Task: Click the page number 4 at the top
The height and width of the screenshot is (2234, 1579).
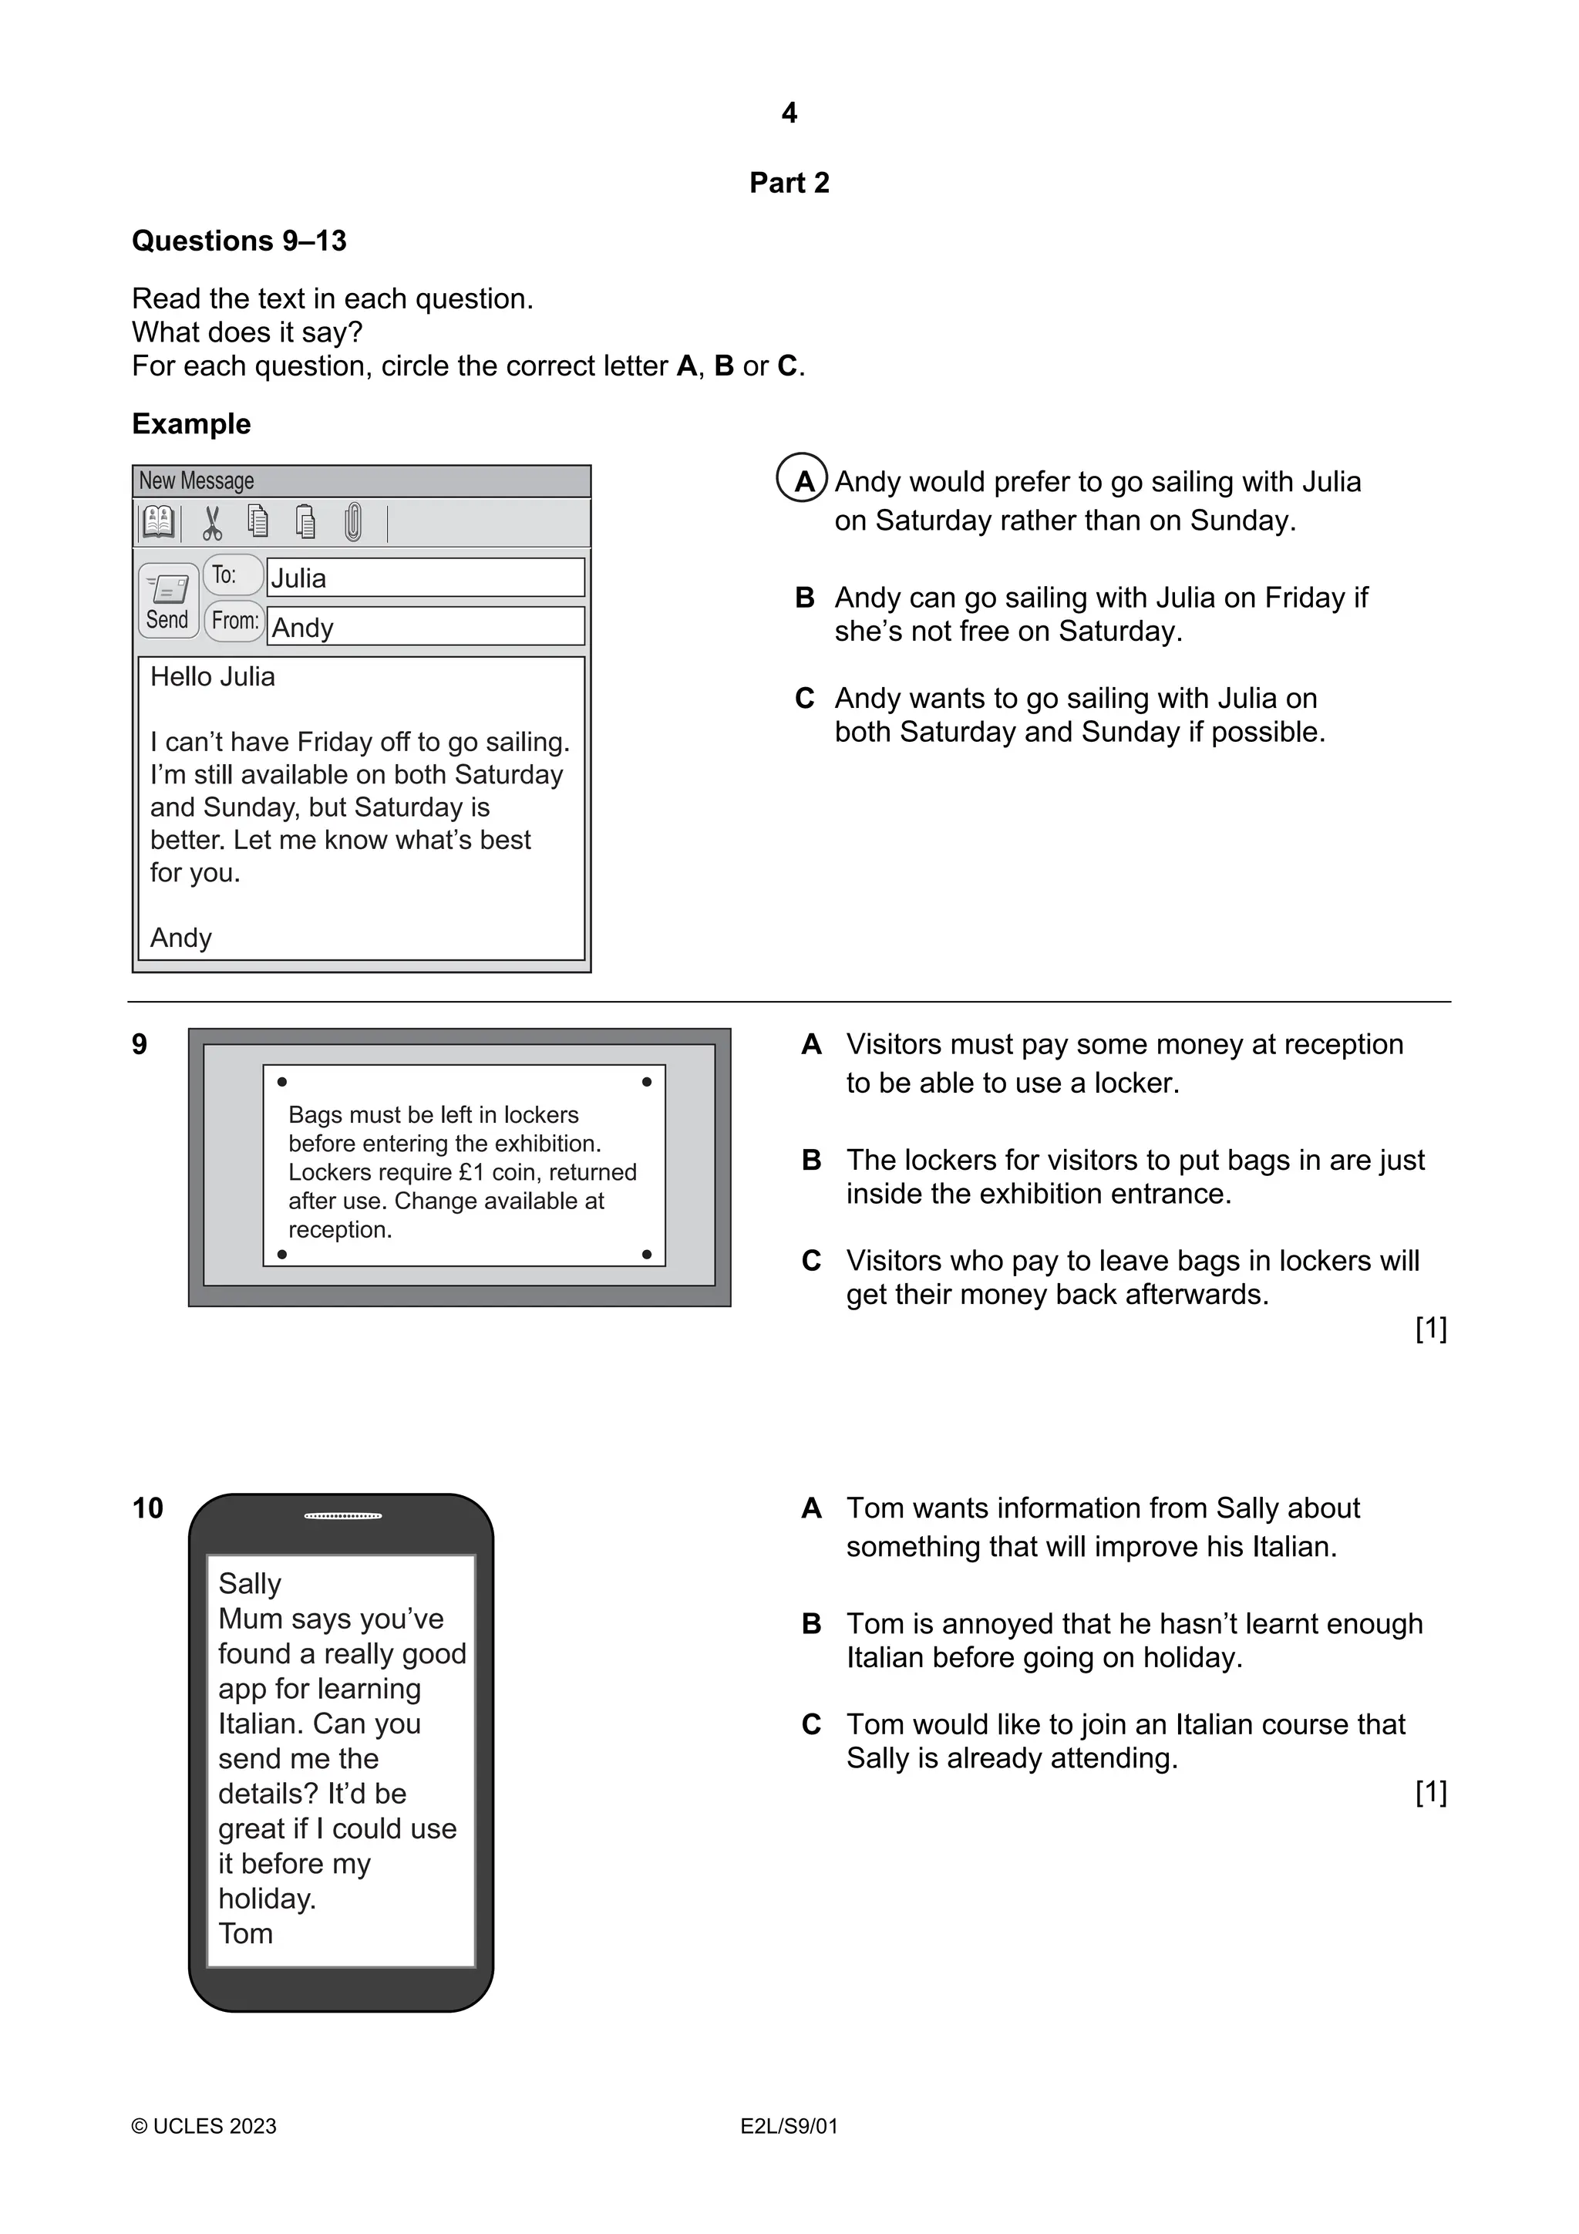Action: click(789, 114)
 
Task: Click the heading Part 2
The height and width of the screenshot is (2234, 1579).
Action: click(789, 183)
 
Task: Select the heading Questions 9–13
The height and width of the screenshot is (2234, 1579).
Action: click(239, 241)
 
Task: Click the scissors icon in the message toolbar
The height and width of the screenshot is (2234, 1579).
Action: click(212, 524)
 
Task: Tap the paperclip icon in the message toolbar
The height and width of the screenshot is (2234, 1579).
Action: click(352, 523)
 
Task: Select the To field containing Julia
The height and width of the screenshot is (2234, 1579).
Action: click(425, 578)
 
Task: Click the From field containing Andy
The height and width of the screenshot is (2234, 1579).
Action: click(425, 628)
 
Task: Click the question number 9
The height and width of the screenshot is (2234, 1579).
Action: click(139, 1045)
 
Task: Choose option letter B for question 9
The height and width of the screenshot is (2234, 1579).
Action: click(811, 1161)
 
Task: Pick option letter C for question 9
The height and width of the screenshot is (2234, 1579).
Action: click(811, 1261)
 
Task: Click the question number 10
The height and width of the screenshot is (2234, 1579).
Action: click(148, 1509)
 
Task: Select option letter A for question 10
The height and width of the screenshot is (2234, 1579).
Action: click(811, 1509)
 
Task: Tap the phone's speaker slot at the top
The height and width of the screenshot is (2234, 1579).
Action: click(342, 1516)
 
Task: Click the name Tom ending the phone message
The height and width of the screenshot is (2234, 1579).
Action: click(245, 1933)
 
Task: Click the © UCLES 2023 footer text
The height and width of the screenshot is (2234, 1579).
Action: click(204, 2127)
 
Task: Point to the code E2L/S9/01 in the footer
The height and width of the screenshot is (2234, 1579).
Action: click(789, 2127)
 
